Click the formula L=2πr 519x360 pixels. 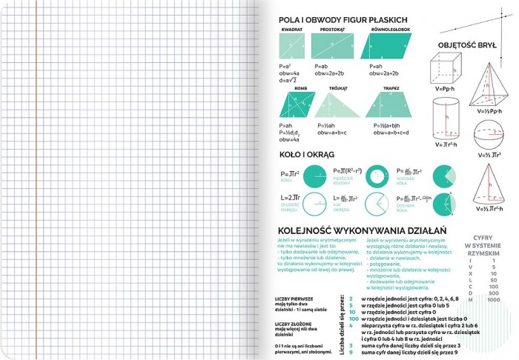pyautogui.click(x=289, y=199)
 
